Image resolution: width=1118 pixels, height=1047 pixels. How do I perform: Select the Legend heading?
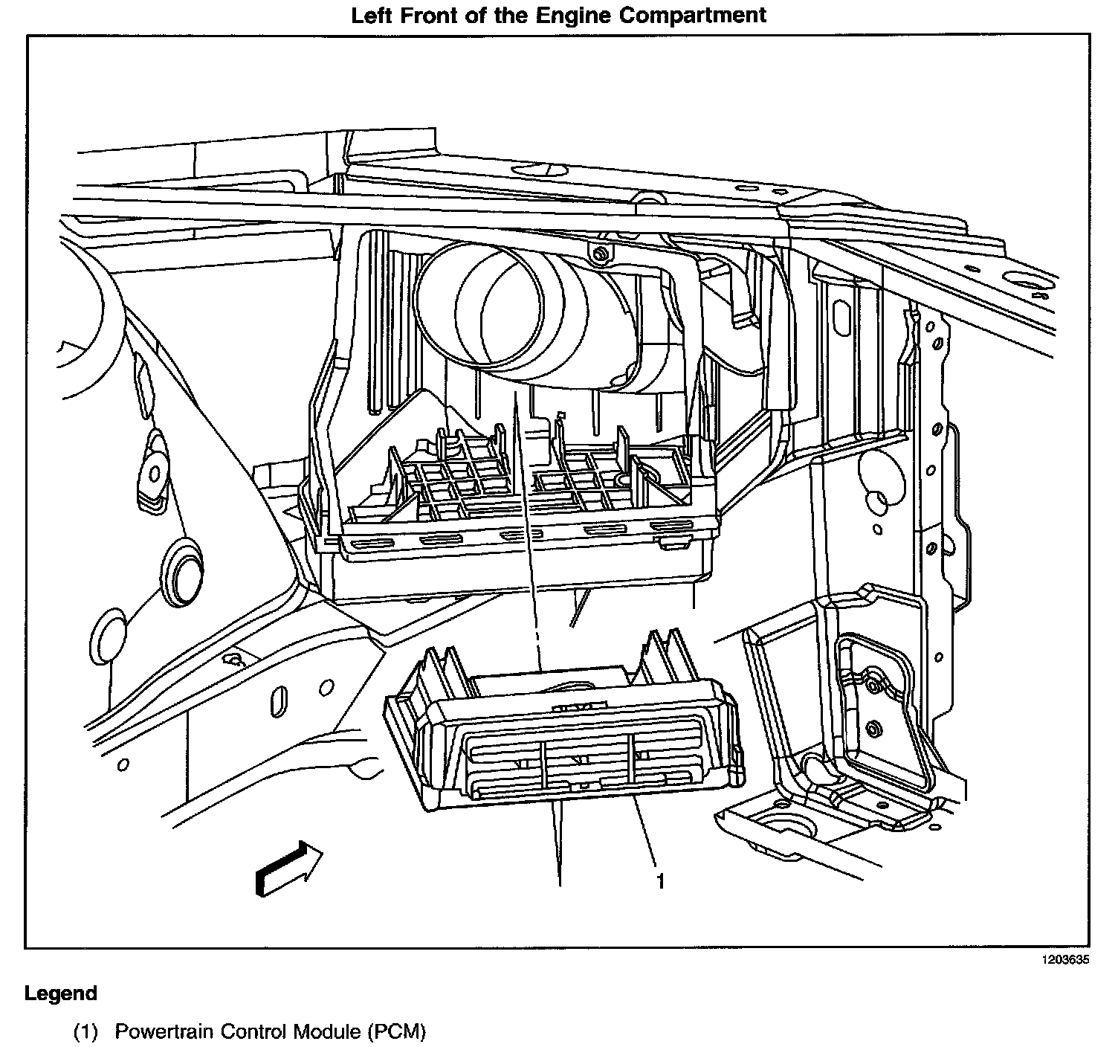[61, 993]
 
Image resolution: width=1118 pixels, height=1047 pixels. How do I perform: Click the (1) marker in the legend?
[86, 1032]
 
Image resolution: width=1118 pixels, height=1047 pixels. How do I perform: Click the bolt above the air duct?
[599, 255]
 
